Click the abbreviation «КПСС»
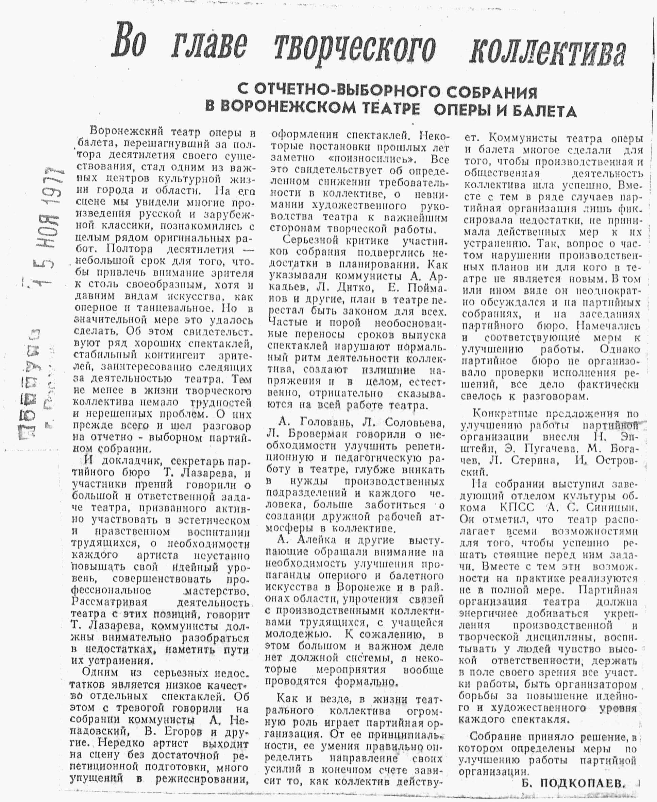click(517, 507)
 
